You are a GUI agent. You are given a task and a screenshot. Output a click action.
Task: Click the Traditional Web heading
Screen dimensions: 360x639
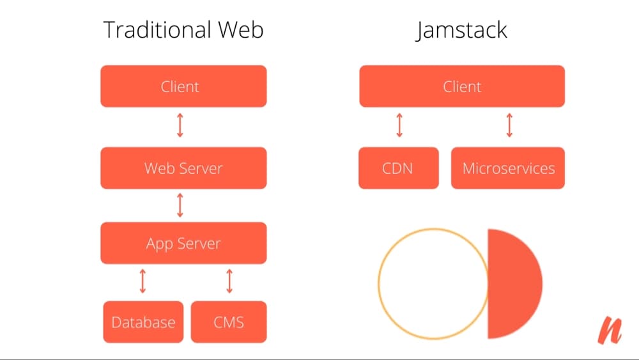(x=183, y=30)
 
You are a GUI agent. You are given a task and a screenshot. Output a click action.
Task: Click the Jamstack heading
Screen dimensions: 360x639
(x=461, y=30)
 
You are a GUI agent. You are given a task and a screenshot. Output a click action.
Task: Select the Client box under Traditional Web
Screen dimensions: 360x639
(x=183, y=86)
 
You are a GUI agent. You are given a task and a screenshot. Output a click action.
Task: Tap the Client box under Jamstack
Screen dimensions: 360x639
(x=462, y=86)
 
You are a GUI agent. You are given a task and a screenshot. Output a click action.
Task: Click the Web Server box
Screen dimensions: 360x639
(x=183, y=168)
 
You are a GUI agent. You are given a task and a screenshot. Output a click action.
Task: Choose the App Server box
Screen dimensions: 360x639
(x=183, y=243)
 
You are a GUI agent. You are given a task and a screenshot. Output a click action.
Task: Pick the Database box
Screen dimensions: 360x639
(x=143, y=322)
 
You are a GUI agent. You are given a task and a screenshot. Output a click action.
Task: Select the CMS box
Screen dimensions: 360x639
(x=229, y=322)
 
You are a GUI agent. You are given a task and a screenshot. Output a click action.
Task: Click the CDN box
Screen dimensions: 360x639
(x=399, y=168)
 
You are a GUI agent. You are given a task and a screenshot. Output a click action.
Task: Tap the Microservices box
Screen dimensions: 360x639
(x=508, y=168)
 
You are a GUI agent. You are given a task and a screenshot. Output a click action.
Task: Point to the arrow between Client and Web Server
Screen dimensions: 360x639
(x=180, y=126)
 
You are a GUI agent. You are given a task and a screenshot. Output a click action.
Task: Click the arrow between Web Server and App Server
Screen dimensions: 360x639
(x=180, y=205)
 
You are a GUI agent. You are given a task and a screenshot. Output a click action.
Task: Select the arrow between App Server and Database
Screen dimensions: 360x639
(x=142, y=281)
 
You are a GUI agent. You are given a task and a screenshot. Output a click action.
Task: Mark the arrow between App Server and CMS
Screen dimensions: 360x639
(x=229, y=281)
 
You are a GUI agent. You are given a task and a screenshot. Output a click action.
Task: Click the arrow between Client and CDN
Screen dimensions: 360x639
(x=399, y=126)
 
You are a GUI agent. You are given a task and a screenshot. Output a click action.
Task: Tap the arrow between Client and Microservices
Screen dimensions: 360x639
(x=509, y=126)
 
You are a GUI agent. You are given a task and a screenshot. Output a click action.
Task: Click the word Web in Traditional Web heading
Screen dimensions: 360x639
(x=240, y=30)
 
